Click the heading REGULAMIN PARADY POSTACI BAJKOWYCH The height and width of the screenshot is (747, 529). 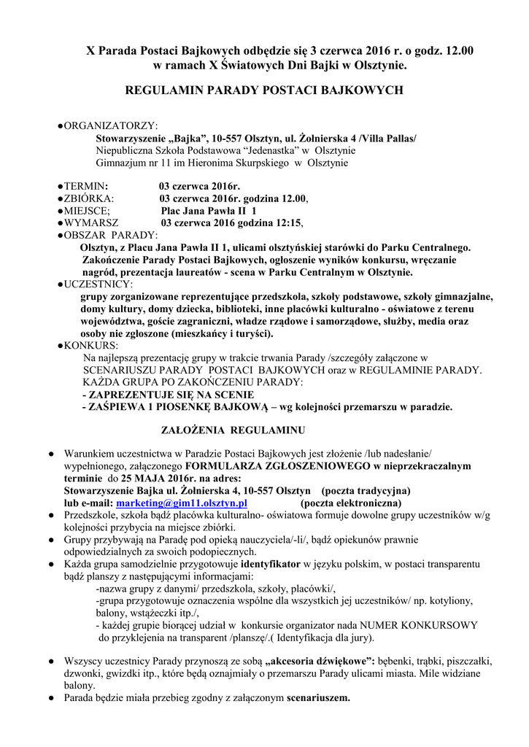264,90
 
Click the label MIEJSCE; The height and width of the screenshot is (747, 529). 88,210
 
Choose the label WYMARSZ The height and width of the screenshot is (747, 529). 90,222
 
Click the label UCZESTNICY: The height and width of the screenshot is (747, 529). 97,284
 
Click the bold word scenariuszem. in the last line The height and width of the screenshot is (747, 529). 319,697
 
